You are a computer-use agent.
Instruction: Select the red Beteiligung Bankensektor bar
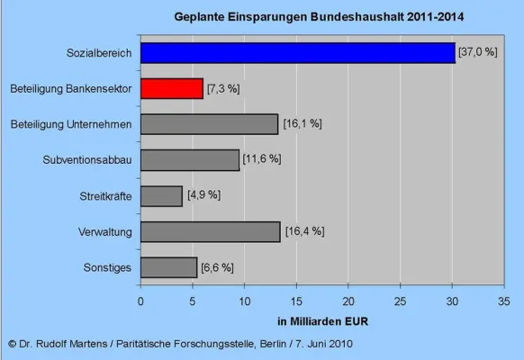172,89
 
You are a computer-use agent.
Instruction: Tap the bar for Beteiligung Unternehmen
209,124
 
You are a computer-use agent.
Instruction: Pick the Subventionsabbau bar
190,160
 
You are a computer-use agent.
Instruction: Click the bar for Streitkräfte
161,195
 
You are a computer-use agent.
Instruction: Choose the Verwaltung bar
211,231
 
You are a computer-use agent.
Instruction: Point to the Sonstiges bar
168,267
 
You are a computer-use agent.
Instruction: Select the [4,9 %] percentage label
203,195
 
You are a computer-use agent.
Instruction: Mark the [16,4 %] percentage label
304,231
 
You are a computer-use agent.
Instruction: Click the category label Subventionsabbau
87,160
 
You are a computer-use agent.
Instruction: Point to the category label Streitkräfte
104,196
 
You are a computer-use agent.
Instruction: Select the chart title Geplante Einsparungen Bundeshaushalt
321,17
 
